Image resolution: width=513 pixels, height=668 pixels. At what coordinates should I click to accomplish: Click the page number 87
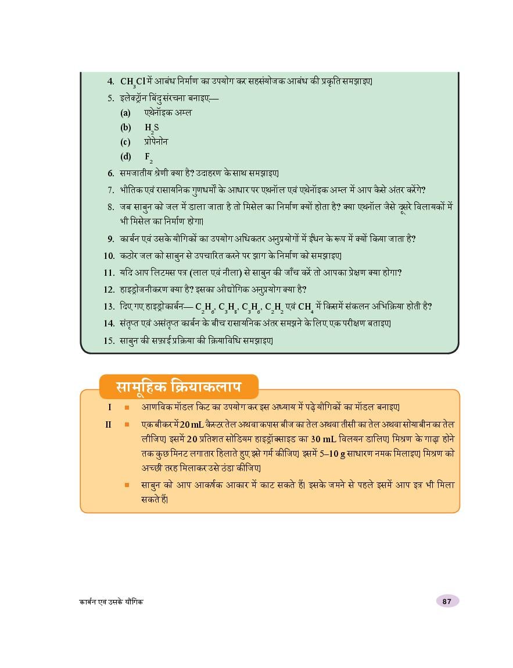[447, 602]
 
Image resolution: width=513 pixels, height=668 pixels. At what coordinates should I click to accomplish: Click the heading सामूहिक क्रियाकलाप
[178, 387]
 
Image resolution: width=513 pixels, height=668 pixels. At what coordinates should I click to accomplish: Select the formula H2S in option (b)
[152, 128]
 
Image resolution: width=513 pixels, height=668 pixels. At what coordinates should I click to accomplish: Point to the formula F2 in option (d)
[148, 157]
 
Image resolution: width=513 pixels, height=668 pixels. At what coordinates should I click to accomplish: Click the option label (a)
[125, 113]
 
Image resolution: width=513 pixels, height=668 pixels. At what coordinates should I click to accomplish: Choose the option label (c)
[125, 142]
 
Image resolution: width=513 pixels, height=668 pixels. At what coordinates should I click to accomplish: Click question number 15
[109, 341]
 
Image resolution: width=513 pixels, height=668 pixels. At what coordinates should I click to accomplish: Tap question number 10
[109, 255]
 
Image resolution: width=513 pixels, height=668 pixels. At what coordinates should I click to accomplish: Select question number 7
[110, 190]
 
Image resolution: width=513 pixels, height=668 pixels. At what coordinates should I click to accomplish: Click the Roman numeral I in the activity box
[109, 407]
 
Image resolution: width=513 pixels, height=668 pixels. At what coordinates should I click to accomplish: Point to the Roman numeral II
[108, 424]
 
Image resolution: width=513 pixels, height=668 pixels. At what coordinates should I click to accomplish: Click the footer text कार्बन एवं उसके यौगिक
[111, 602]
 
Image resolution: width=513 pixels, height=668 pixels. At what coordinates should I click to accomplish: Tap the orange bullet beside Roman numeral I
[127, 407]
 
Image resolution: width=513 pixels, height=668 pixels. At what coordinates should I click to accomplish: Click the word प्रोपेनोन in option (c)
[156, 142]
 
